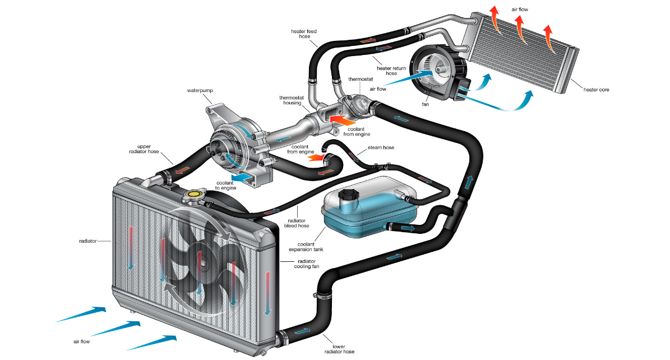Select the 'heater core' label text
pos(596,89)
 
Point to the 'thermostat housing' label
pos(291,100)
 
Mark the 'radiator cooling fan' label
pos(307,264)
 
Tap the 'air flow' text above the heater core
pos(520,10)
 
